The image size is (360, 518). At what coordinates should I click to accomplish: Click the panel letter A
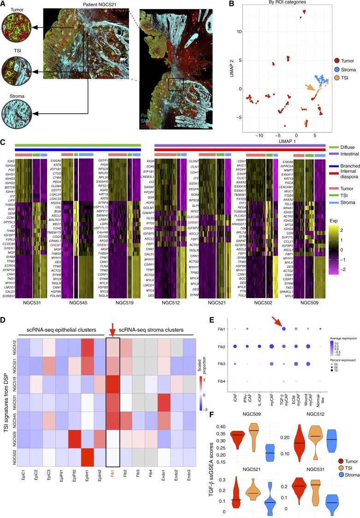[x=4, y=4]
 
